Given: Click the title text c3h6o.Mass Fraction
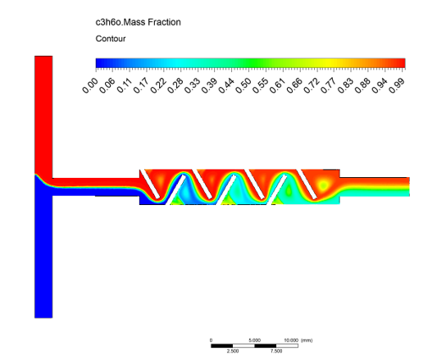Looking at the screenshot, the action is coord(138,22).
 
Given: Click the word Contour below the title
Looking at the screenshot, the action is coord(111,39).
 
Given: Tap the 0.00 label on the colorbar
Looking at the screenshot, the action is coord(90,85).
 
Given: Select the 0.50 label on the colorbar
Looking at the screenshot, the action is coord(244,85).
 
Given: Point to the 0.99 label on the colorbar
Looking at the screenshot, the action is coord(397,85).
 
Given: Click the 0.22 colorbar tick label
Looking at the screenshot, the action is coord(158,85).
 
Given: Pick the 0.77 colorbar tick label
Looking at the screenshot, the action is coord(329,85).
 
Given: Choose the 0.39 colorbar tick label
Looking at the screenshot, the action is coord(210,85).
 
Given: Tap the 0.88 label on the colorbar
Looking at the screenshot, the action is coord(363,85).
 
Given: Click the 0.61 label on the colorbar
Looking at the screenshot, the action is coord(278,85).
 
